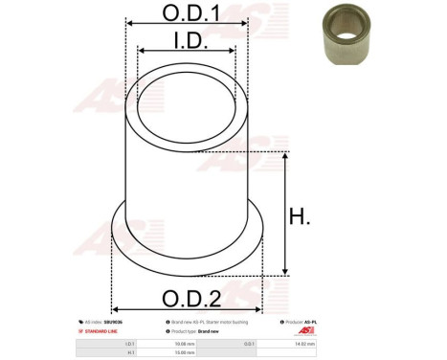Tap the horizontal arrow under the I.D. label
(x=186, y=52)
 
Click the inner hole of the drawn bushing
(x=186, y=112)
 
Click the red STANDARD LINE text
(x=99, y=330)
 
